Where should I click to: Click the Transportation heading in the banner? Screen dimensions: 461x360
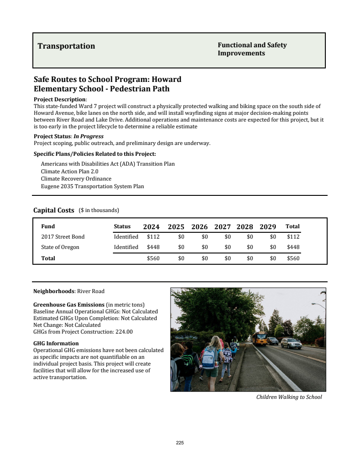(66, 46)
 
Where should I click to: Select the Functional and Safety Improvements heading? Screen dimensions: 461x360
(252, 49)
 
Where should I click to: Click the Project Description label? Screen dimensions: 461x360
(60, 99)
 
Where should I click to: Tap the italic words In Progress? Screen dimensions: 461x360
(89, 136)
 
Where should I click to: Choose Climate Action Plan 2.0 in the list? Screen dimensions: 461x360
(69, 171)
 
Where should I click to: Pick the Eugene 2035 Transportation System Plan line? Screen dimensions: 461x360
(92, 186)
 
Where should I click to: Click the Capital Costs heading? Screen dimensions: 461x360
(54, 210)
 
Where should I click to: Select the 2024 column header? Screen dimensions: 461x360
(151, 227)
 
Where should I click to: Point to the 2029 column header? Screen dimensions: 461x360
(268, 227)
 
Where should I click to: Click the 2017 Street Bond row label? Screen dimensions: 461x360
(63, 237)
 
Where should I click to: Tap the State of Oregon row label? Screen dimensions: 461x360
(60, 247)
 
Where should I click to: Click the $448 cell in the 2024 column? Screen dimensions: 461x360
(153, 247)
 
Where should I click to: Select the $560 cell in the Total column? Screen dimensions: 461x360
(293, 258)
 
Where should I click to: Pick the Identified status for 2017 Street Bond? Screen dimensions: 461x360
(126, 237)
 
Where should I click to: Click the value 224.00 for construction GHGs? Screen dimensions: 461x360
(124, 332)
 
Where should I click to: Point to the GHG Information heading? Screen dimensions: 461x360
(56, 343)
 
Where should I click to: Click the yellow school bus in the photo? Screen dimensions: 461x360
(259, 338)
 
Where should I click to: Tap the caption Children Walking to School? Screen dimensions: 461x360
(289, 397)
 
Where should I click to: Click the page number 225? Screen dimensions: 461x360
(180, 443)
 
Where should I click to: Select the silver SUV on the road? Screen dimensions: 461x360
(291, 343)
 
